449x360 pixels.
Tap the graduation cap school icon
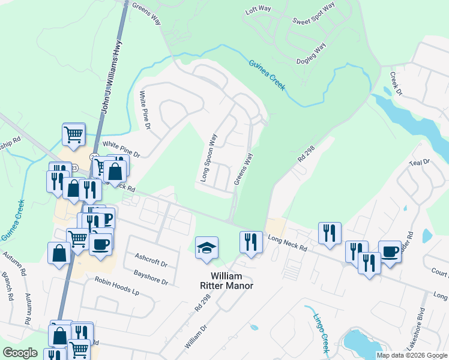point(206,248)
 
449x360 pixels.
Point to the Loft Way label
point(259,11)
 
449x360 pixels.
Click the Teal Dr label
point(419,162)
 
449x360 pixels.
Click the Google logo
point(20,353)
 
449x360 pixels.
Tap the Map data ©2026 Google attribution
point(411,355)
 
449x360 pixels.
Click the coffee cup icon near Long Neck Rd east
point(390,251)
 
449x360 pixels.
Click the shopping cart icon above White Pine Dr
point(73,134)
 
